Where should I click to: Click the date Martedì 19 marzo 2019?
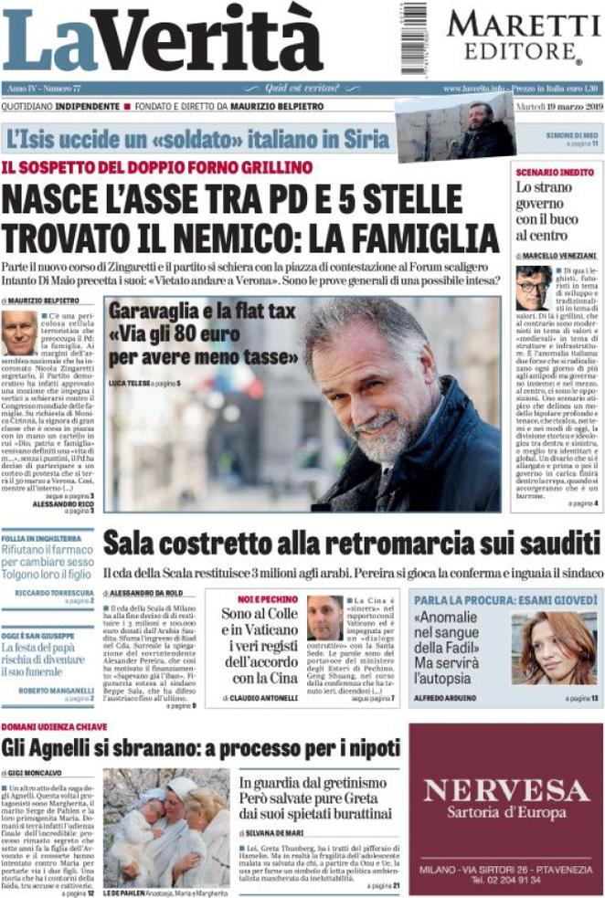(x=555, y=108)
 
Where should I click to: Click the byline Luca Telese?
(x=129, y=381)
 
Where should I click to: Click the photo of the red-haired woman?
(x=552, y=648)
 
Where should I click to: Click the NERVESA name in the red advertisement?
(x=504, y=788)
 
